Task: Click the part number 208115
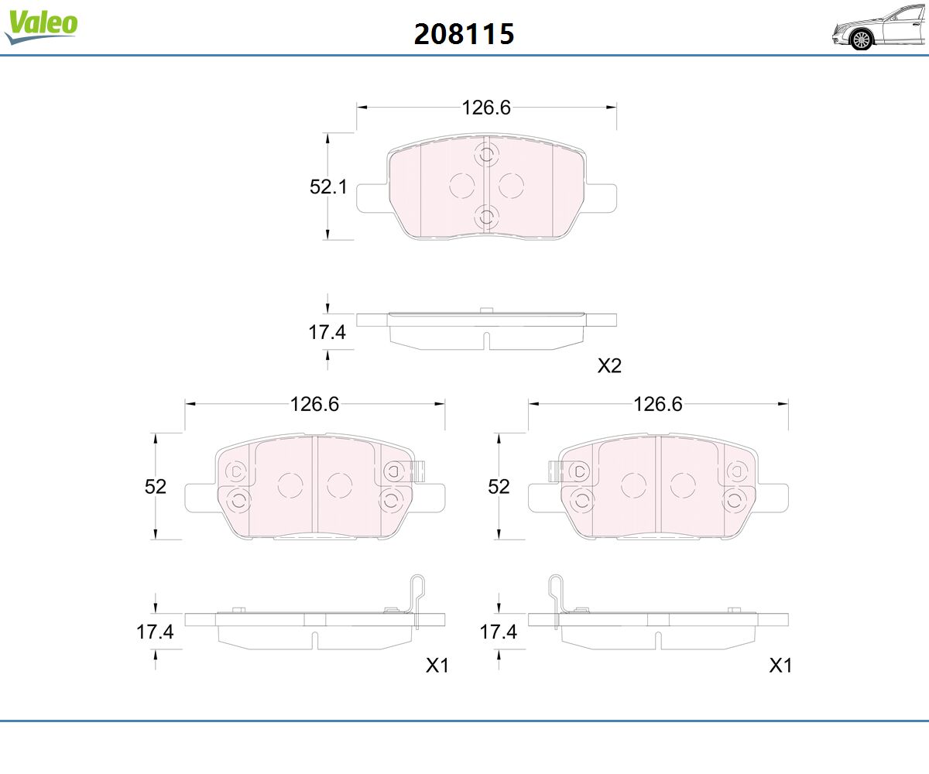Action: pos(464,34)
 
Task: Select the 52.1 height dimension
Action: pos(328,187)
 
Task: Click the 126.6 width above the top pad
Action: pos(486,108)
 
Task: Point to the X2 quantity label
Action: pos(609,366)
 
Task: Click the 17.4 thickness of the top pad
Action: pos(327,333)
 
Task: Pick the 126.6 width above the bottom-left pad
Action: pos(314,404)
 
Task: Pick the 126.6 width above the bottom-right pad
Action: pos(658,404)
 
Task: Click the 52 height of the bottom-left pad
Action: pos(156,487)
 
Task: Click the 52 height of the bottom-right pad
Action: pos(499,487)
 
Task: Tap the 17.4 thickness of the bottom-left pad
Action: pos(155,632)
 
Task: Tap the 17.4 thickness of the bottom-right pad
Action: pos(498,632)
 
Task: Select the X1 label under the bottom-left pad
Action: pos(437,665)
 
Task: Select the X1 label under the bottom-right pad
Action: pos(780,665)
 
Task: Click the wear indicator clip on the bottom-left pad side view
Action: pos(416,596)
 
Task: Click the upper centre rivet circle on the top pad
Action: pos(486,155)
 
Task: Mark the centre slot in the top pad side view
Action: pos(486,341)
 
